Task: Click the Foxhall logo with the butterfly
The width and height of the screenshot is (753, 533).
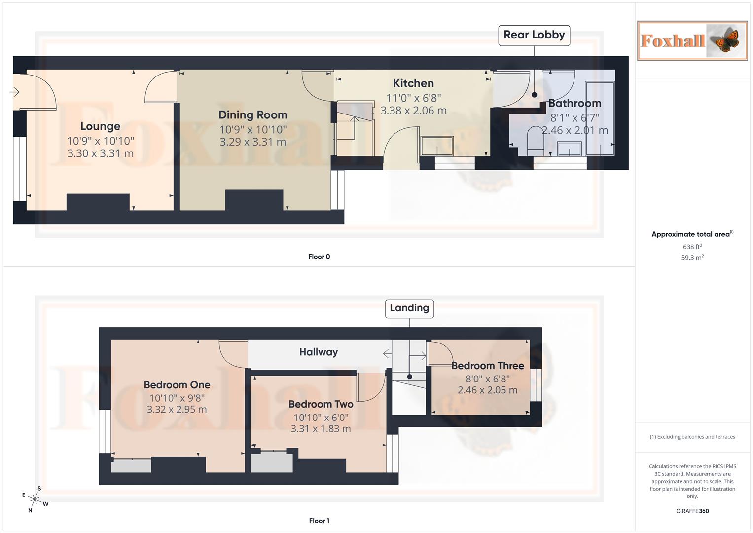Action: coord(692,41)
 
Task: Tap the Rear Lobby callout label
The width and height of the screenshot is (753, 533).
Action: coord(534,35)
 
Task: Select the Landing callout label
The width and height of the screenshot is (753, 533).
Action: coord(409,308)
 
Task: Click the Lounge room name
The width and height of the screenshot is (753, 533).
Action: coord(100,126)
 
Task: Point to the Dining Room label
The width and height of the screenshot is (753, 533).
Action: coord(252,115)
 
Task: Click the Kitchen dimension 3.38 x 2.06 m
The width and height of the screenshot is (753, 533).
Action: coord(413,111)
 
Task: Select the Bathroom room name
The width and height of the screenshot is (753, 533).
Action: coord(574,103)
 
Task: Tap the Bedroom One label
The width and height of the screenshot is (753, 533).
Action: coord(177,385)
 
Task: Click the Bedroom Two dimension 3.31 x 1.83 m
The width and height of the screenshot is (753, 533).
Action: coord(321,429)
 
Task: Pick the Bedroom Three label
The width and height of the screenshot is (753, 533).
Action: coord(488,366)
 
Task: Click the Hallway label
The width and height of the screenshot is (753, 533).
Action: coord(319,352)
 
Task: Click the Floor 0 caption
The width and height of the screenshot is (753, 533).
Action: coord(319,257)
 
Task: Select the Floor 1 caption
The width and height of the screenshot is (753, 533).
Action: coord(319,521)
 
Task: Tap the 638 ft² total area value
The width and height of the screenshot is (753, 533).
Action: coord(692,247)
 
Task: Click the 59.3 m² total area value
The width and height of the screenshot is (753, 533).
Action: coord(692,258)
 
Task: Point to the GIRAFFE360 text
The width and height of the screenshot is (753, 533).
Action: coord(692,511)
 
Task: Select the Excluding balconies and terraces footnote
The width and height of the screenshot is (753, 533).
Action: coord(692,437)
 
